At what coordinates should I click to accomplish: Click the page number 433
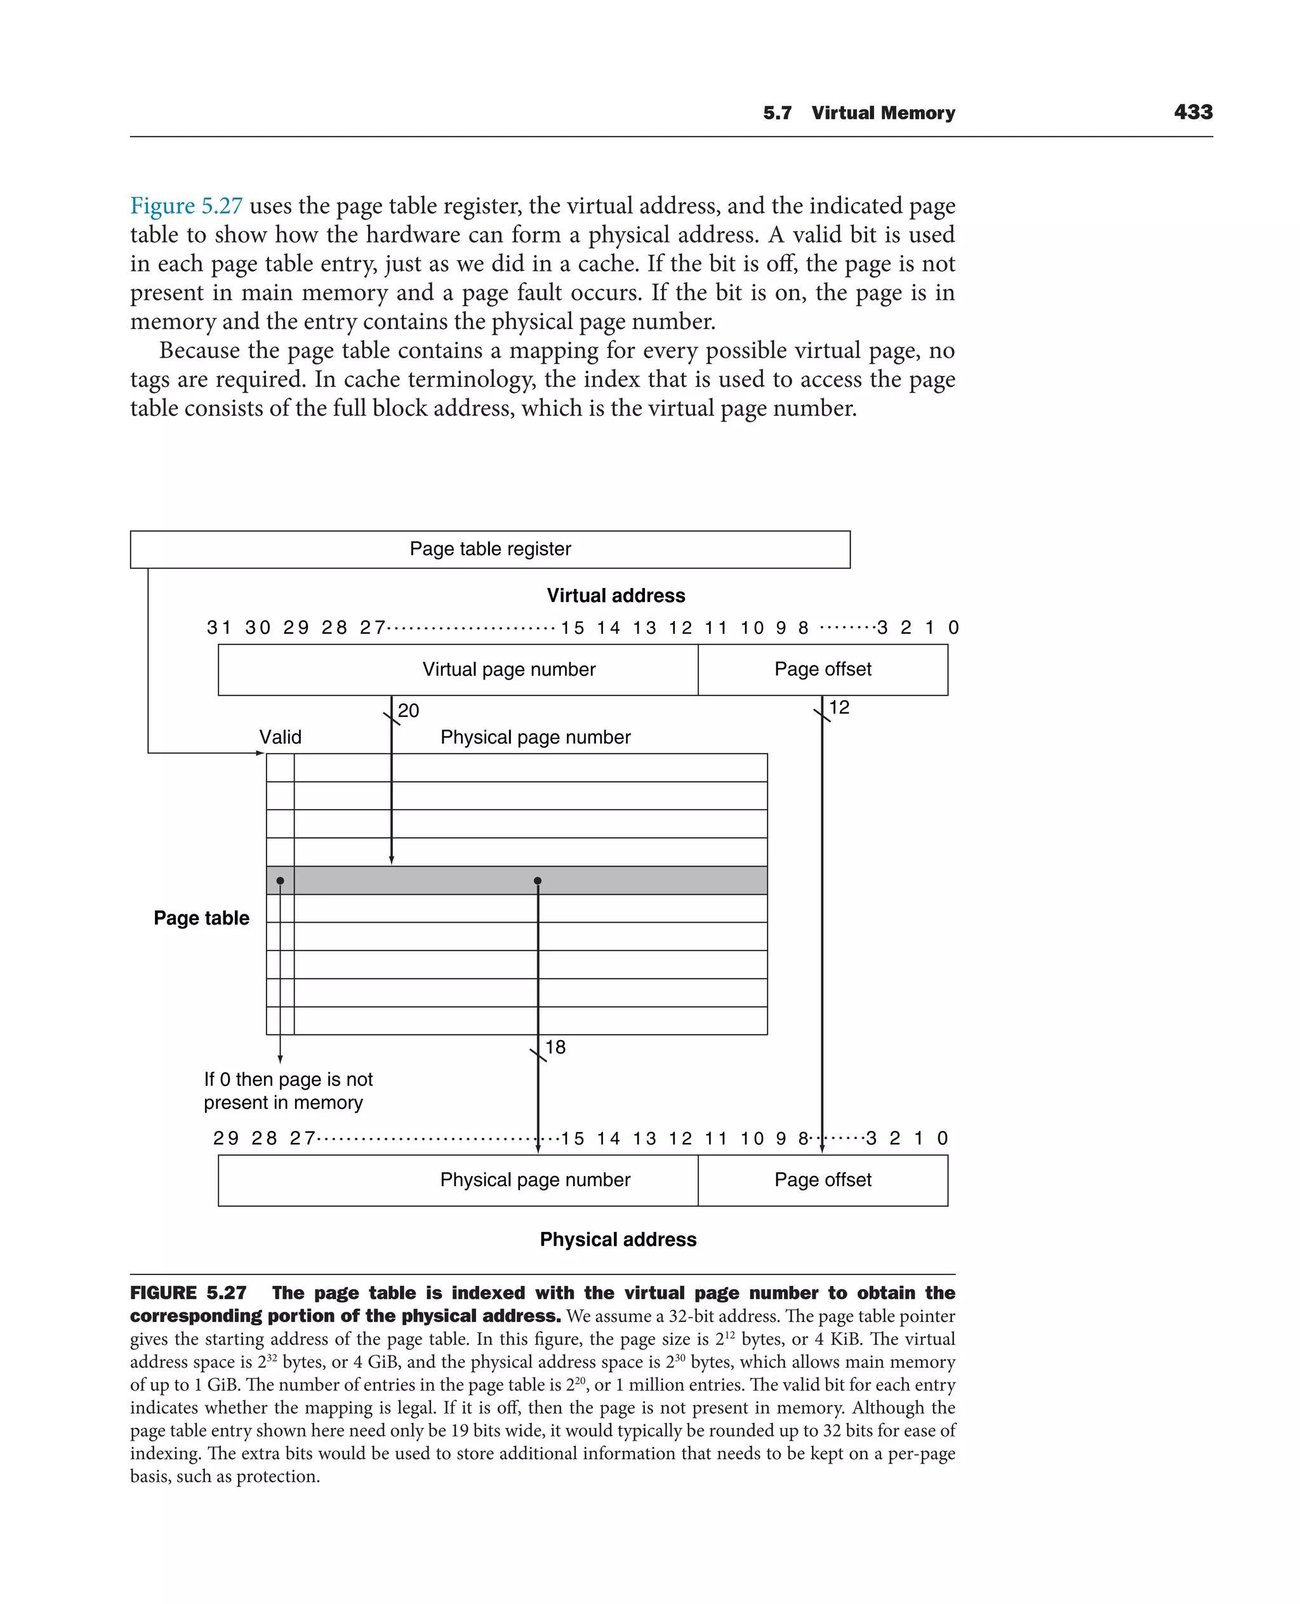tap(1193, 112)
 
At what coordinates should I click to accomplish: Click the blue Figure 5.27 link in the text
tap(187, 206)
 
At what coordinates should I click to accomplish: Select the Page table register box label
tap(490, 549)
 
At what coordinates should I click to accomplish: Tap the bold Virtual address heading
tap(616, 596)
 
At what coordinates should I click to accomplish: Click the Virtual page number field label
tap(508, 669)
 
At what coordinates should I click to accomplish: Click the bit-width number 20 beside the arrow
tap(408, 710)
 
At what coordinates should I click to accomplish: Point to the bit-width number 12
tap(839, 707)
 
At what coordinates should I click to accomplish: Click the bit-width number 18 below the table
tap(555, 1047)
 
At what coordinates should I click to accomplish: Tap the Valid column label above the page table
tap(280, 737)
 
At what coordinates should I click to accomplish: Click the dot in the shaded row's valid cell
tap(280, 880)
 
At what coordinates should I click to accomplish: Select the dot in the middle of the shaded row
tap(538, 880)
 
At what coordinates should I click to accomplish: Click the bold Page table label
tap(201, 918)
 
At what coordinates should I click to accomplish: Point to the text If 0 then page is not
tap(288, 1079)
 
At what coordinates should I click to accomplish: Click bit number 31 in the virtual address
tap(218, 628)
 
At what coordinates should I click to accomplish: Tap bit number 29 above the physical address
tap(225, 1139)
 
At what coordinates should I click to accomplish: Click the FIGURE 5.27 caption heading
tap(188, 1293)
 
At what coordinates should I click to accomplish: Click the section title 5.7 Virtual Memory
tap(859, 113)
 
